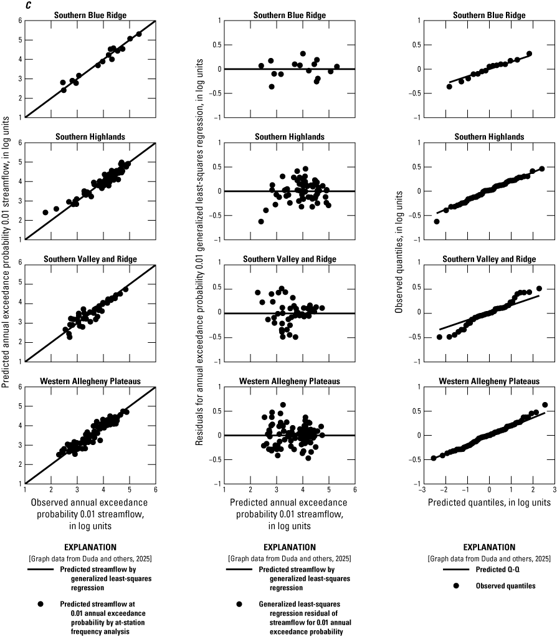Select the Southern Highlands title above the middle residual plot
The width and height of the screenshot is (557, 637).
(x=289, y=136)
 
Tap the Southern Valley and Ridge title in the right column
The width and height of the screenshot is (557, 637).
(x=489, y=259)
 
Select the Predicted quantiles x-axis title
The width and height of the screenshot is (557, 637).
(x=489, y=502)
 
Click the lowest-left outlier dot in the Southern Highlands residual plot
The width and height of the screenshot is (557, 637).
(x=260, y=221)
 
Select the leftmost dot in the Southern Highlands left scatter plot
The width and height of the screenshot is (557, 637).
(x=45, y=213)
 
